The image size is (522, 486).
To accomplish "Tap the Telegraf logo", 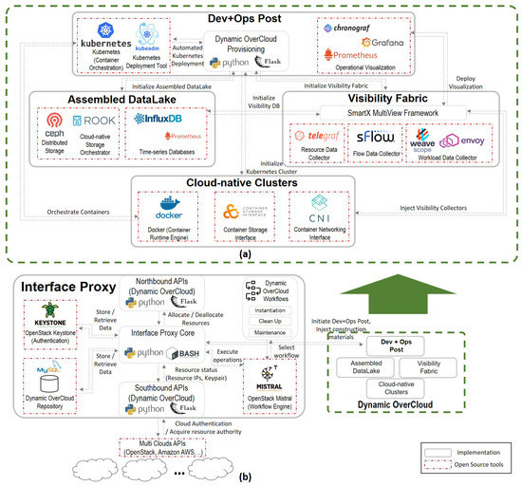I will pyautogui.click(x=317, y=140).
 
